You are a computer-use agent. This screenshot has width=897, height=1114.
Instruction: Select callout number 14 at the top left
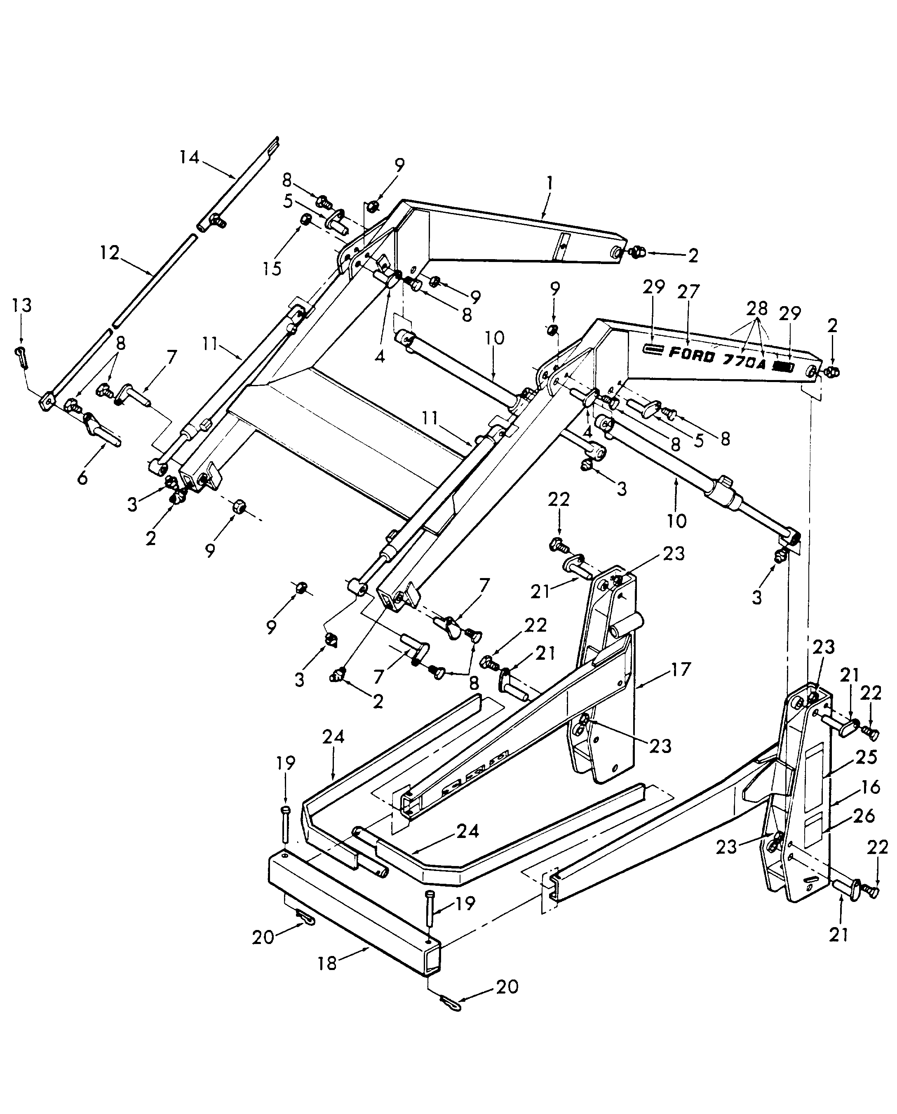(x=189, y=157)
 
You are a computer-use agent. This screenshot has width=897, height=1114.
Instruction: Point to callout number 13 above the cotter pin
(x=22, y=305)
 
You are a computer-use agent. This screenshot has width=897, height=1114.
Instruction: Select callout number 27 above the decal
(x=688, y=292)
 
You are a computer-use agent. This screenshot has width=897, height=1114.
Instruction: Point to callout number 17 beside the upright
(x=681, y=669)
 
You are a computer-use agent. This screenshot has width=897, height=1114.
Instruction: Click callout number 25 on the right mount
(x=866, y=757)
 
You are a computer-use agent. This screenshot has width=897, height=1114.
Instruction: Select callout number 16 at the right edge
(x=870, y=787)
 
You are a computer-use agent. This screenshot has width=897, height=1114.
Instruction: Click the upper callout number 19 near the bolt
(x=285, y=763)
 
